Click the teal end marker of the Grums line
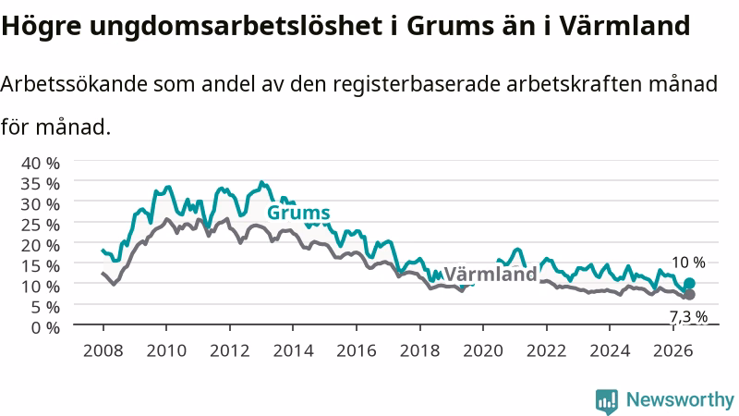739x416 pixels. tap(689, 283)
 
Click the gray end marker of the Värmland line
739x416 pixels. tap(689, 294)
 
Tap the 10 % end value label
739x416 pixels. tap(688, 263)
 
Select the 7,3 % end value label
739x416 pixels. tap(688, 316)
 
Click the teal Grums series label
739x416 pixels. tap(298, 214)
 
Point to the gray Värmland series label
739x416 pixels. tap(491, 274)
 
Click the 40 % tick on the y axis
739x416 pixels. tap(41, 164)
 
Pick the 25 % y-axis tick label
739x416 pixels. tap(41, 225)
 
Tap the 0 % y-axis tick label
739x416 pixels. tap(45, 327)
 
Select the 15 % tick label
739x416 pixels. tap(41, 265)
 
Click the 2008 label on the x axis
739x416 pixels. tap(103, 350)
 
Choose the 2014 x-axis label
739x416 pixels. tap(293, 350)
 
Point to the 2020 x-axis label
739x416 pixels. tap(483, 350)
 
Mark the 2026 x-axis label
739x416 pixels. tap(673, 350)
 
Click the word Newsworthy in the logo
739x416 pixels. tap(680, 400)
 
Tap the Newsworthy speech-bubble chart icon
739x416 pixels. tap(607, 401)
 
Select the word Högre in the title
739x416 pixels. tap(42, 26)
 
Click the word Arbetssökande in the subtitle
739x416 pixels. tap(74, 84)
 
